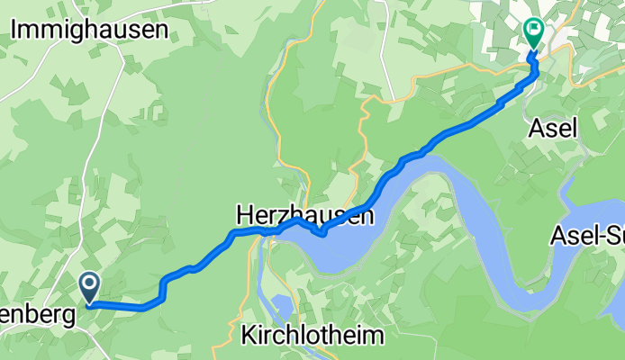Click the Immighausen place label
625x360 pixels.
tap(90, 29)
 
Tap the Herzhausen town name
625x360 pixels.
tap(304, 215)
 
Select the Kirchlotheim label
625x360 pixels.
tap(312, 336)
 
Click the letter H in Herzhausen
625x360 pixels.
tap(244, 215)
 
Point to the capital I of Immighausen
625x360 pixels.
tap(15, 29)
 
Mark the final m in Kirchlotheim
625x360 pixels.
tap(374, 336)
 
